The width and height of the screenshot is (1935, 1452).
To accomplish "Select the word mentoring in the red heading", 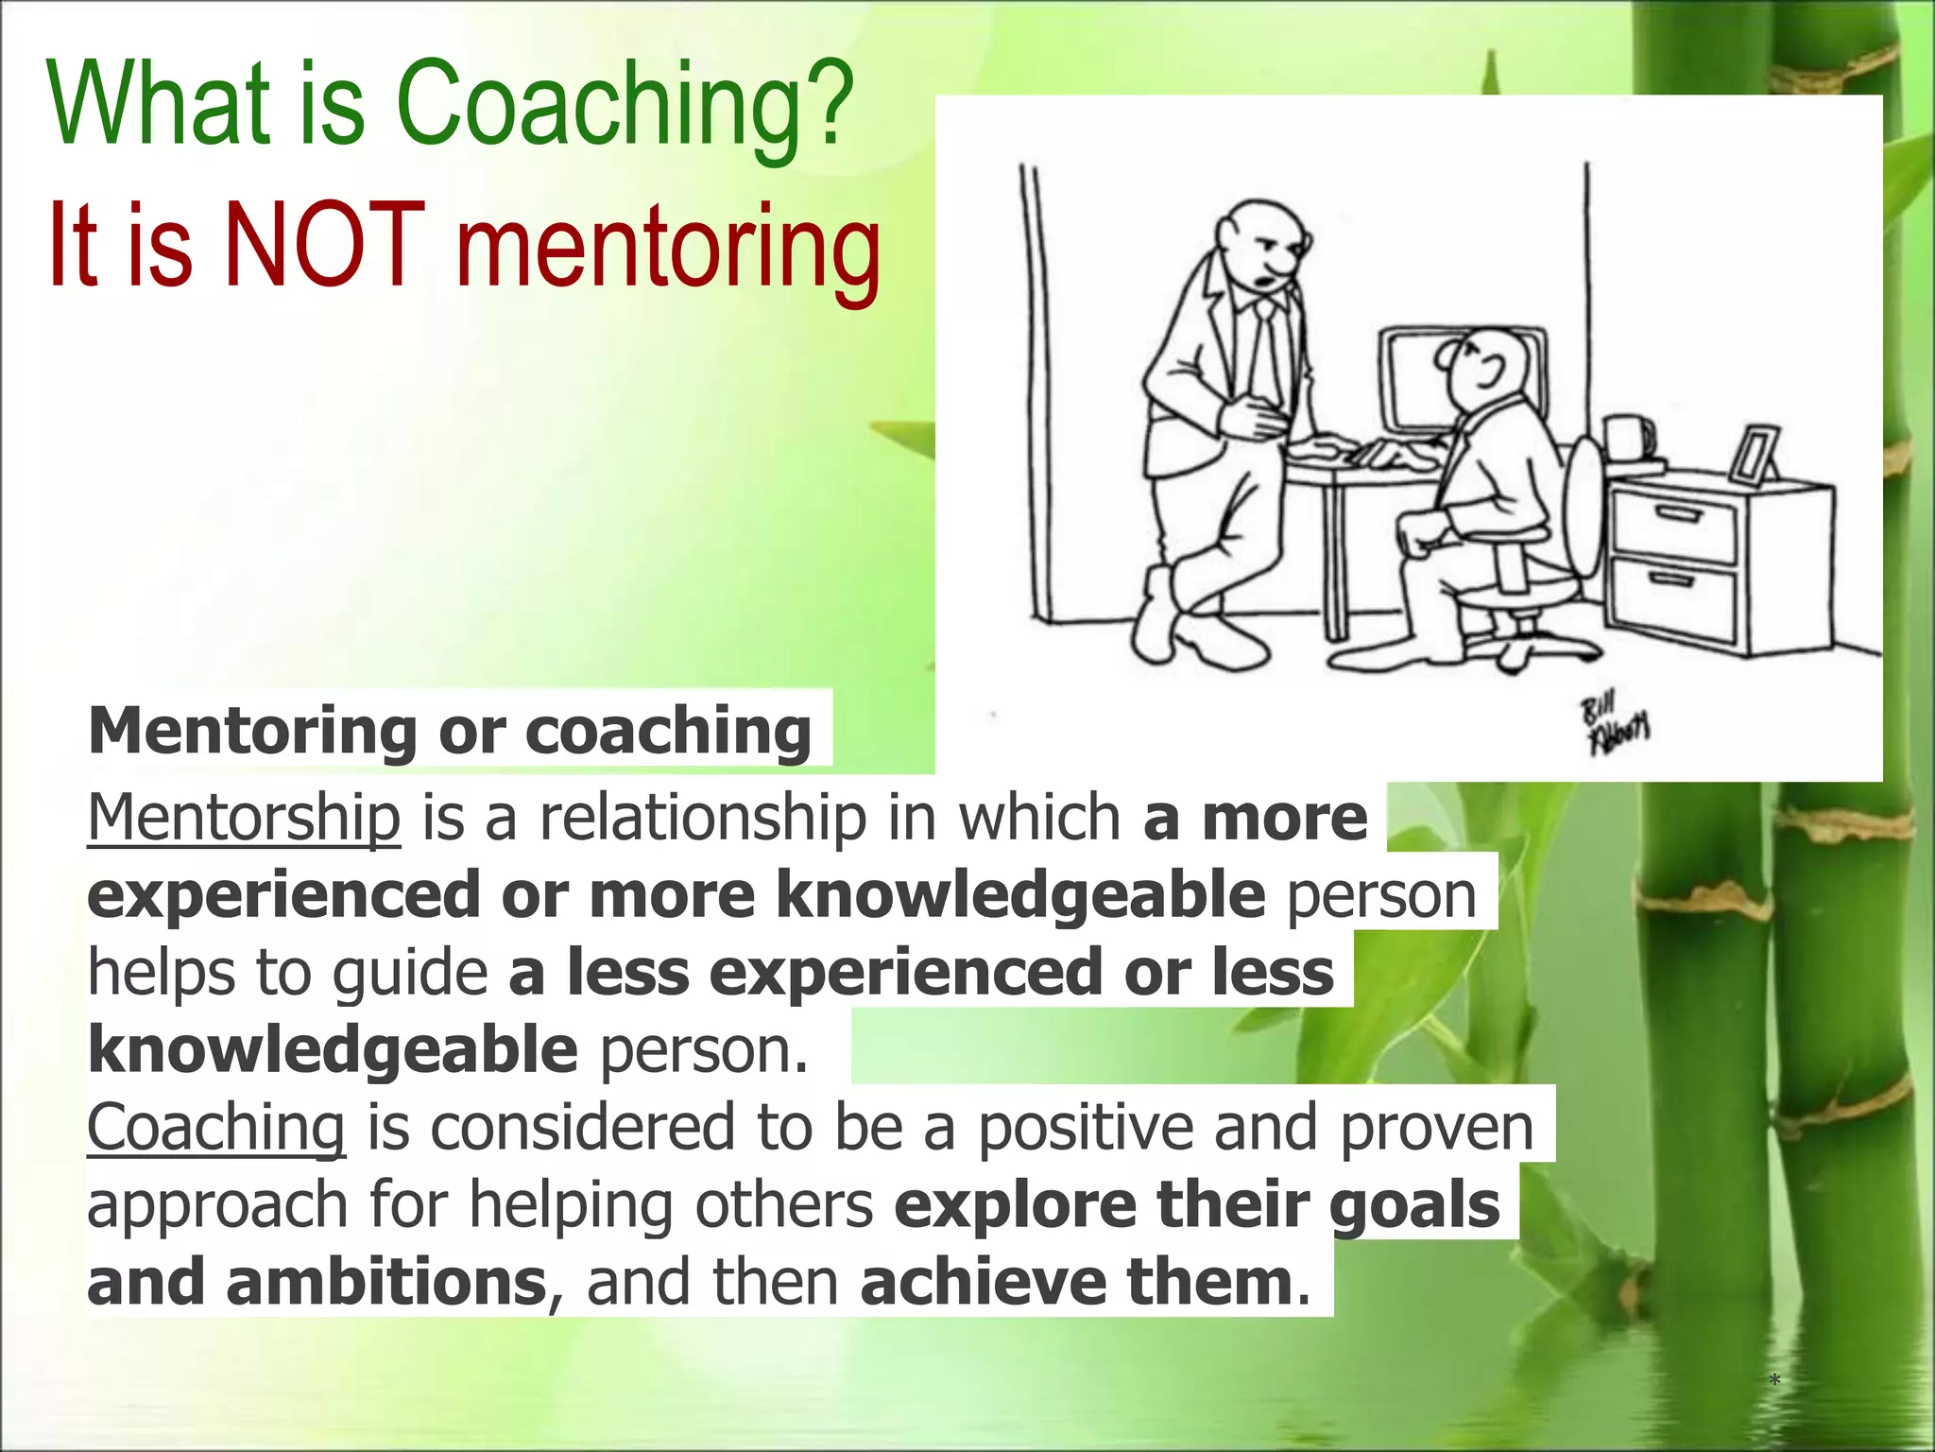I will pos(668,251).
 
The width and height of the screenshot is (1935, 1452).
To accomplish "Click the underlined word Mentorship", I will pos(244,819).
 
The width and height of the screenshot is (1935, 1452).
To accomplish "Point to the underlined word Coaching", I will pos(216,1128).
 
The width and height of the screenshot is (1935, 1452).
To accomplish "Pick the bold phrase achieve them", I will pos(1075,1283).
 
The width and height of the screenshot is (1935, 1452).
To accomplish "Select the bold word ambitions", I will pos(386,1283).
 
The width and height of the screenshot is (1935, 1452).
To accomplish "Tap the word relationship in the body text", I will pos(702,819).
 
